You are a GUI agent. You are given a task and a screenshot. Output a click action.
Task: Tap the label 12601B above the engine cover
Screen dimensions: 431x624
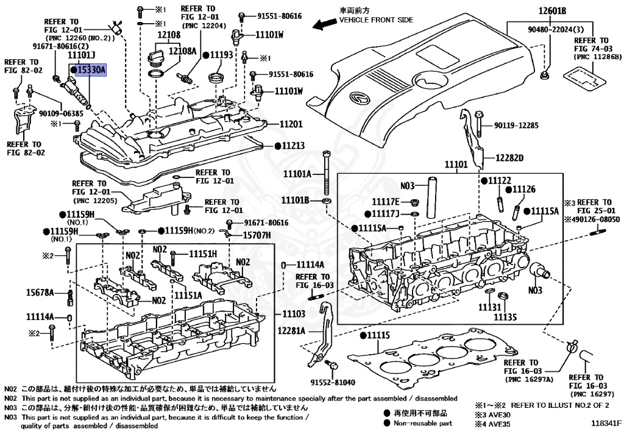552,11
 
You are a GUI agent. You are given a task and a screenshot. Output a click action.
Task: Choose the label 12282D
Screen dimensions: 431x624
509,159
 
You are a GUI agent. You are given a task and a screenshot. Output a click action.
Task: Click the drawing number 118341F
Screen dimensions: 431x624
604,421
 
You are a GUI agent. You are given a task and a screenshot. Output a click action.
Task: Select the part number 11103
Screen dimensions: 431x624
292,313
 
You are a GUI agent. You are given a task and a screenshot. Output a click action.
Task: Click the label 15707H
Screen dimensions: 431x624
257,235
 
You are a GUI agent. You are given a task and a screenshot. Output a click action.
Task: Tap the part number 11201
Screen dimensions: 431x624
291,124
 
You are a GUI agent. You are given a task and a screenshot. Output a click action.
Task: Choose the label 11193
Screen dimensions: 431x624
222,55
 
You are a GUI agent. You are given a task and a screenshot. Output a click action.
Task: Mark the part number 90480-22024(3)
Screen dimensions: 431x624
551,29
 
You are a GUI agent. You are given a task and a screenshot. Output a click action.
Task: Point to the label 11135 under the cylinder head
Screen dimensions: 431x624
505,317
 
